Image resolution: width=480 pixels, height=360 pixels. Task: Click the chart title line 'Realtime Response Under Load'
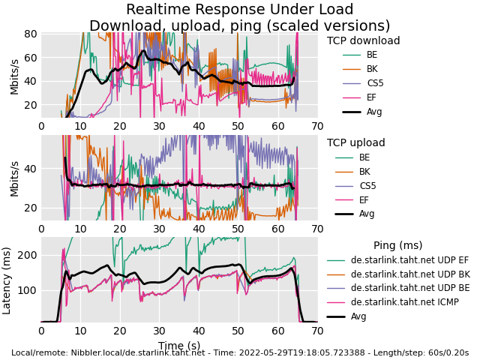(239, 10)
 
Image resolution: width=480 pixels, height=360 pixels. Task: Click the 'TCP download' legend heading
(363, 41)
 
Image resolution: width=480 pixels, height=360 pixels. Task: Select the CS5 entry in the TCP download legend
(374, 83)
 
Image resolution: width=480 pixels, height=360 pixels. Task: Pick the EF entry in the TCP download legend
(372, 97)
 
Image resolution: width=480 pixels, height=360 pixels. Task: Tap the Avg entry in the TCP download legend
(374, 112)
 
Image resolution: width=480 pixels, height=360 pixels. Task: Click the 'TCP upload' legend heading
(355, 143)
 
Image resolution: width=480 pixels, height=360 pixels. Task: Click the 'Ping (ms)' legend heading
(397, 246)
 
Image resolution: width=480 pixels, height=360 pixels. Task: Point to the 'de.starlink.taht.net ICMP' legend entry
(404, 302)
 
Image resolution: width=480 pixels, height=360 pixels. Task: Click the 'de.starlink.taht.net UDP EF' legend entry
(409, 260)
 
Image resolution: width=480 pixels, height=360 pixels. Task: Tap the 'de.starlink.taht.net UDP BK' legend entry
(410, 274)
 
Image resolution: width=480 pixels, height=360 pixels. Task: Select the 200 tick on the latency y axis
(27, 255)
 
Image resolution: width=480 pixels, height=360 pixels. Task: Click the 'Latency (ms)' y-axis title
(7, 280)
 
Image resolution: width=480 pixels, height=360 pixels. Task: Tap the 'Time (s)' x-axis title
(179, 345)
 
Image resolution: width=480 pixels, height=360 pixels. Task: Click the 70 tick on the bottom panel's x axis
(317, 331)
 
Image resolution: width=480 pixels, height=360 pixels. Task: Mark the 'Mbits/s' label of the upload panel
(14, 178)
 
